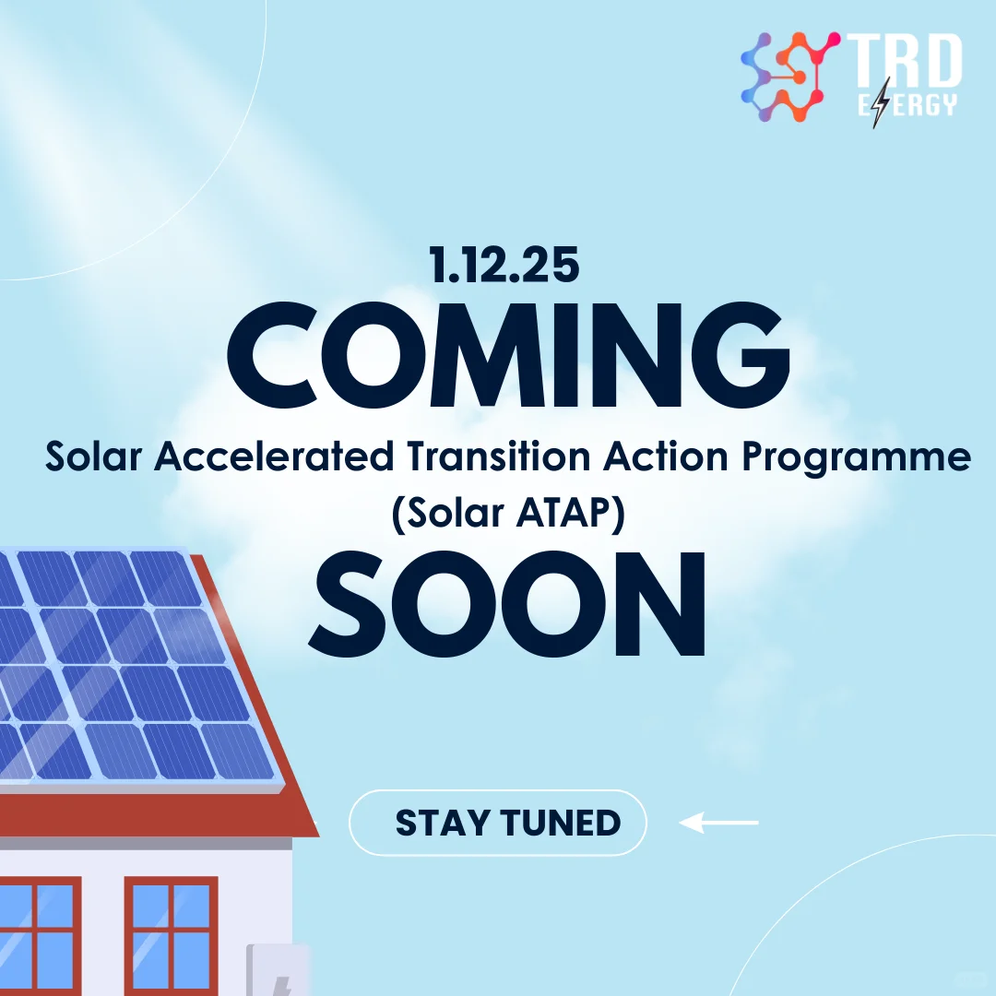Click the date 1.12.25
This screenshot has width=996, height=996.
click(x=504, y=266)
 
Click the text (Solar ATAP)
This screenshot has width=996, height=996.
click(x=508, y=513)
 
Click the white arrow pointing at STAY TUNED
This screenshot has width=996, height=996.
click(x=718, y=822)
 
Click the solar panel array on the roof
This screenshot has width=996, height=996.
click(x=129, y=664)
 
